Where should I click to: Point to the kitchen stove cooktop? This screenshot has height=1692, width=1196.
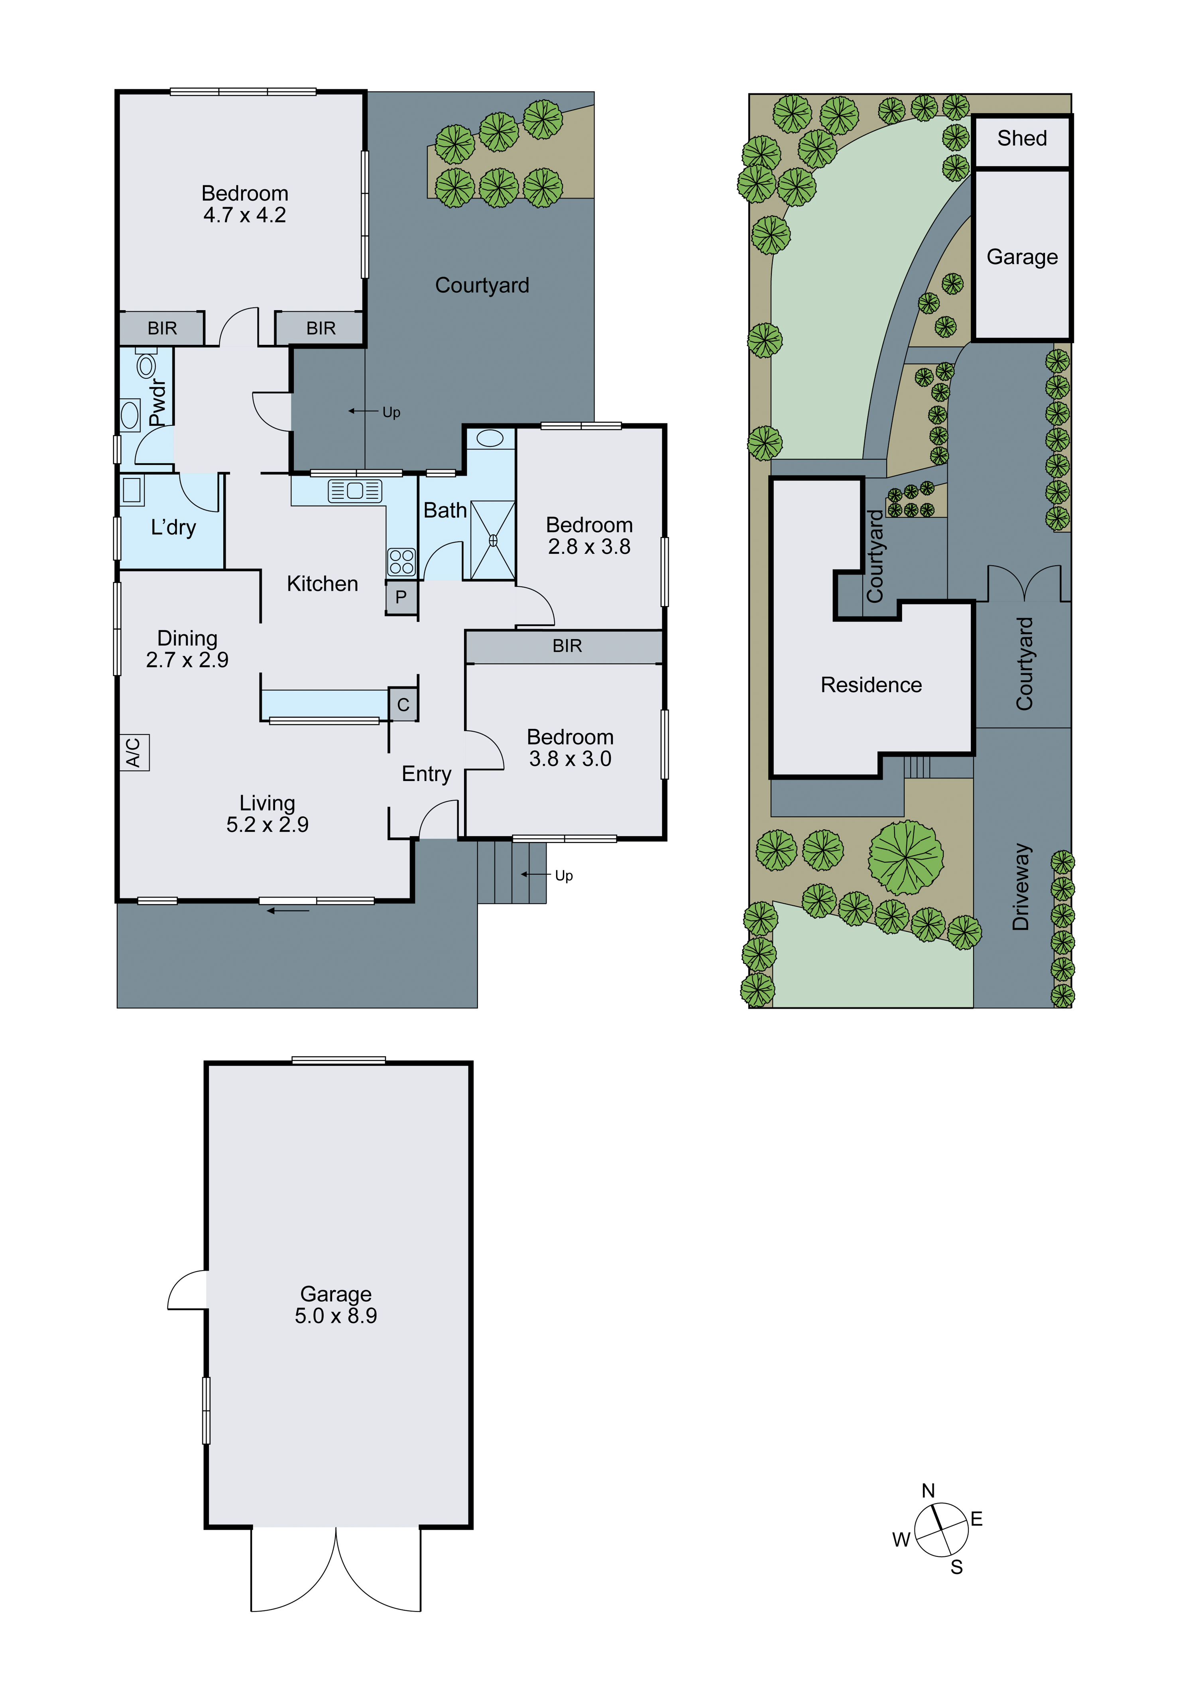(x=401, y=562)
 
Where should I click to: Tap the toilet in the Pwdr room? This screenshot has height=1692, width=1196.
(x=146, y=365)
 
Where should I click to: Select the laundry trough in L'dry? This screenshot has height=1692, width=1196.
(x=133, y=490)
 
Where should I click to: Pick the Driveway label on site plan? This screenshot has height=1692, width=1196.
(x=1021, y=887)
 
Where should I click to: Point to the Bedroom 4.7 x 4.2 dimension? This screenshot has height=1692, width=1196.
(x=245, y=215)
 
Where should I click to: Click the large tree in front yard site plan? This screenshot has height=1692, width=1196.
(x=906, y=858)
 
